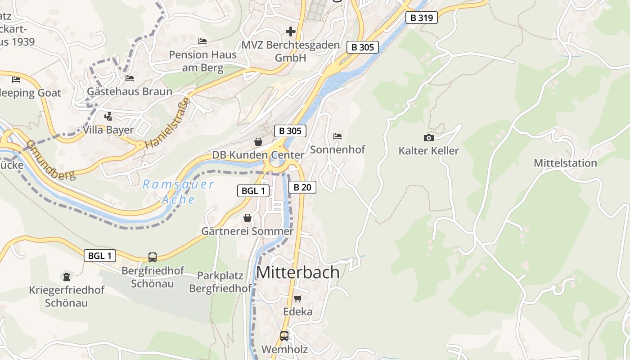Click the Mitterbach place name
[x=297, y=272]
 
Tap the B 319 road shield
[x=421, y=18]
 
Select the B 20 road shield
[x=302, y=187]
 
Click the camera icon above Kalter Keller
[x=428, y=138]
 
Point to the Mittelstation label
[x=565, y=163]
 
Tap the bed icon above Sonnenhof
[x=337, y=136]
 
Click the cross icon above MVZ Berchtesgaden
[x=291, y=31]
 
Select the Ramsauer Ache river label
[x=178, y=192]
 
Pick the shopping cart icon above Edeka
[x=297, y=298]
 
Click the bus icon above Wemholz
[x=284, y=336]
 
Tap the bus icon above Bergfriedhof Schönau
[x=153, y=257]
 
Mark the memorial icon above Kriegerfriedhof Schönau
[x=67, y=276]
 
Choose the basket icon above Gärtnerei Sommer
[x=247, y=218]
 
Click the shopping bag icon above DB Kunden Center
[x=258, y=142]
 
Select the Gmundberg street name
[x=50, y=160]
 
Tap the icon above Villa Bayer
[x=108, y=117]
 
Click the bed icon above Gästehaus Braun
[x=130, y=78]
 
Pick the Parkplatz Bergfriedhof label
[x=220, y=282]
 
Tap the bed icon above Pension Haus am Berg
[x=202, y=41]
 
